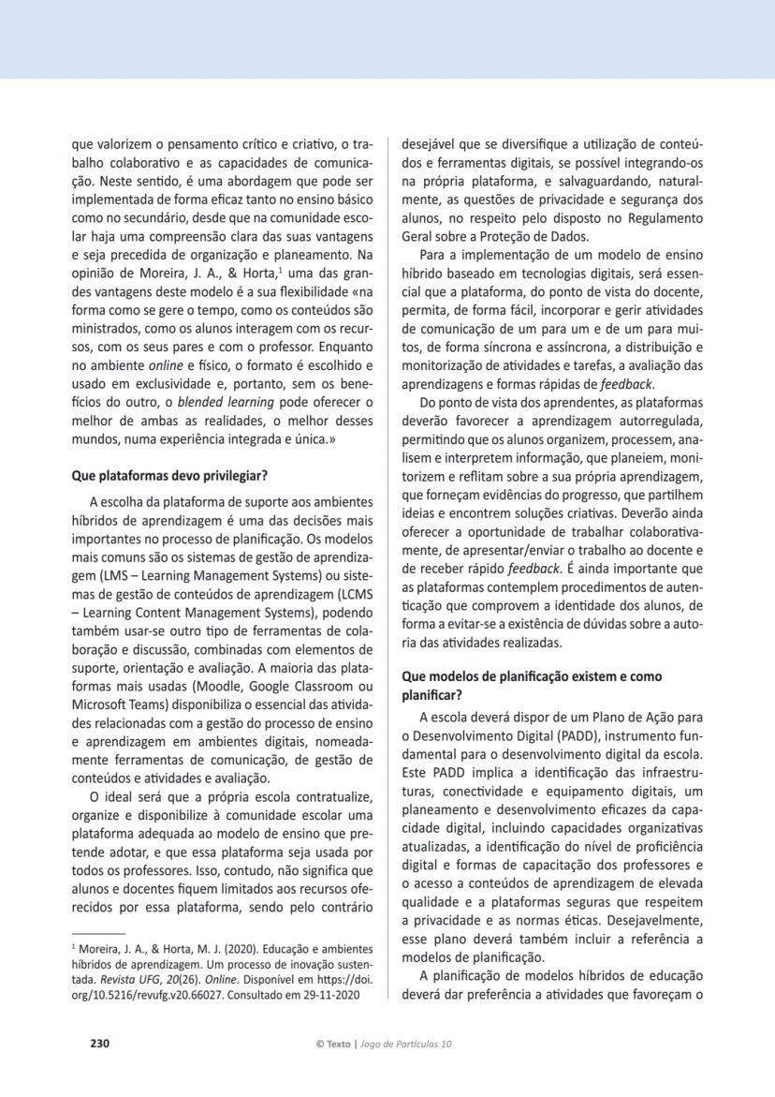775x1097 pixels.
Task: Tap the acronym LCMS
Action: (349, 592)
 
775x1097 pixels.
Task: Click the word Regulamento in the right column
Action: (659, 218)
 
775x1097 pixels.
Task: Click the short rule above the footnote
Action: (98, 934)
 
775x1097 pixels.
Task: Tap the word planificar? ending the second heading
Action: (432, 694)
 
